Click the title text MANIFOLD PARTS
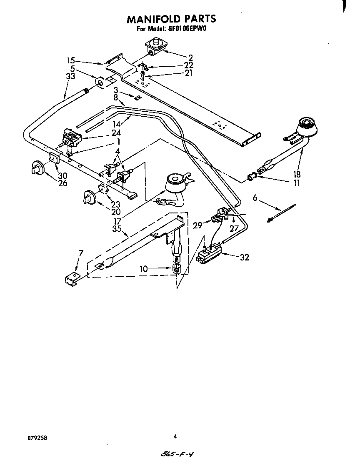click(171, 19)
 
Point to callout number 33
click(70, 76)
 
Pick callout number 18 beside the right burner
click(297, 174)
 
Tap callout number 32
click(244, 257)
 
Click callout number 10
click(144, 269)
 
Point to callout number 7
click(81, 253)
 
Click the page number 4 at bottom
click(175, 436)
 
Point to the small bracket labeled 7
click(72, 279)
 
